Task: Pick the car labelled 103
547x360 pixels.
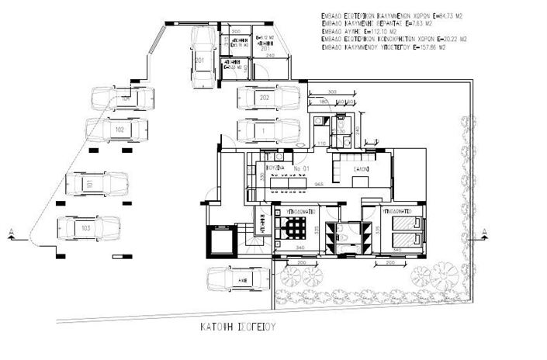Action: [x=88, y=229]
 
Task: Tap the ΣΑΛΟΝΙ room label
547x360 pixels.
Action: [x=362, y=168]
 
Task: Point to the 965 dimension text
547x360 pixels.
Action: [x=317, y=185]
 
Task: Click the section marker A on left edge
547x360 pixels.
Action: [x=12, y=230]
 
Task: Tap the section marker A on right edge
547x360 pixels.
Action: [x=483, y=230]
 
